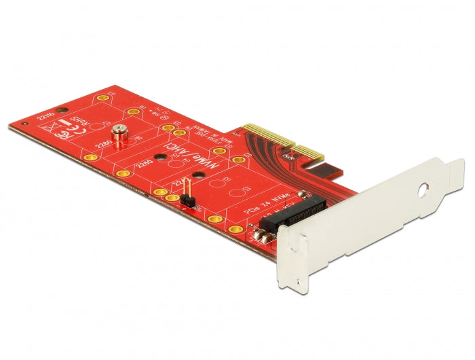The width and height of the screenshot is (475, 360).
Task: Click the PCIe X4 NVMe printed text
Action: pyautogui.click(x=267, y=203)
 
